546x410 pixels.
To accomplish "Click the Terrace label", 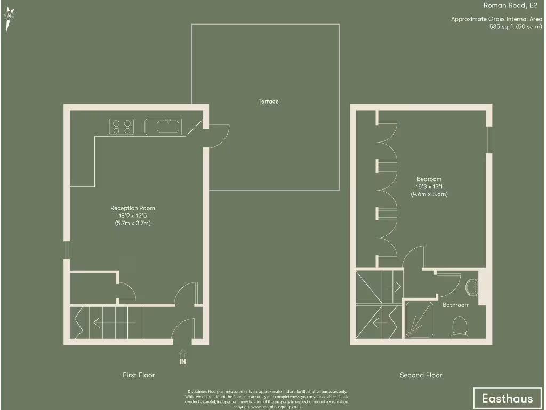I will (x=269, y=101).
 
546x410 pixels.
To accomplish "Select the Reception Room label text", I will (x=133, y=208).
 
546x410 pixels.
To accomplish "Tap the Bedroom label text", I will (x=429, y=179).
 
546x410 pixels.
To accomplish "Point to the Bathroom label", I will (x=456, y=305).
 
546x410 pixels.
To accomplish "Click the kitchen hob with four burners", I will (x=122, y=127).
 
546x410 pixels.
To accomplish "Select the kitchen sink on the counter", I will (x=163, y=127).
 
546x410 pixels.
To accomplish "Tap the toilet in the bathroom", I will (x=459, y=326).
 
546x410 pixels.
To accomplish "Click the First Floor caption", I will (x=139, y=375).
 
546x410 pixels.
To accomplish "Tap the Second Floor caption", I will (x=421, y=375).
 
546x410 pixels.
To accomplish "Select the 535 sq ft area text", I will (x=512, y=27).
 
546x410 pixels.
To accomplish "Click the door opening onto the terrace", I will (x=218, y=137).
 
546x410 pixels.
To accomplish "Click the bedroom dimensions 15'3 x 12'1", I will (x=429, y=187).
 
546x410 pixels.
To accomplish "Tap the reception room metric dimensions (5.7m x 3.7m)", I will (x=133, y=223).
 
